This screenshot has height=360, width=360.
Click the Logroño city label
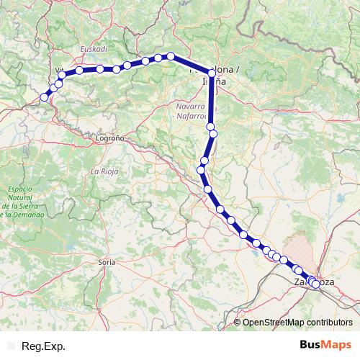[111, 136]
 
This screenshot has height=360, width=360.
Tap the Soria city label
[107, 264]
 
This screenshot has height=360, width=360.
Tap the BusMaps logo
[324, 346]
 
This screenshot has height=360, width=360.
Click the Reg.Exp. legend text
[44, 346]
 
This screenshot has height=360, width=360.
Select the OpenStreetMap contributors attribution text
[297, 322]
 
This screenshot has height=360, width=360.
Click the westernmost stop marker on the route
[45, 97]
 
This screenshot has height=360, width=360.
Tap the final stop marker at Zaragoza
[315, 284]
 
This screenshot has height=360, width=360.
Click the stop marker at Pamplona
[212, 73]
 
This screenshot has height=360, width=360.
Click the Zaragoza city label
[314, 282]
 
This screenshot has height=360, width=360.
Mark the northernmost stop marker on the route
[171, 55]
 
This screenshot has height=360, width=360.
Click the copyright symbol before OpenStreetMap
[238, 322]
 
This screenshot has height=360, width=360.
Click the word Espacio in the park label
[19, 189]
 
